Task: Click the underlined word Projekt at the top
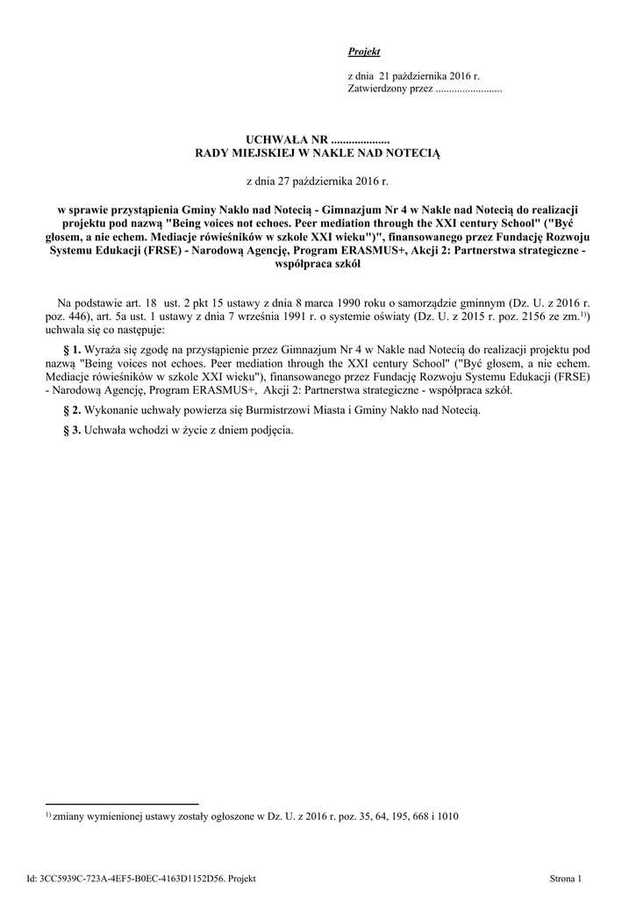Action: coord(364,53)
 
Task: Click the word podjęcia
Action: coord(272,431)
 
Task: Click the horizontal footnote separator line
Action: coord(122,803)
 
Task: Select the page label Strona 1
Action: coord(565,878)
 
